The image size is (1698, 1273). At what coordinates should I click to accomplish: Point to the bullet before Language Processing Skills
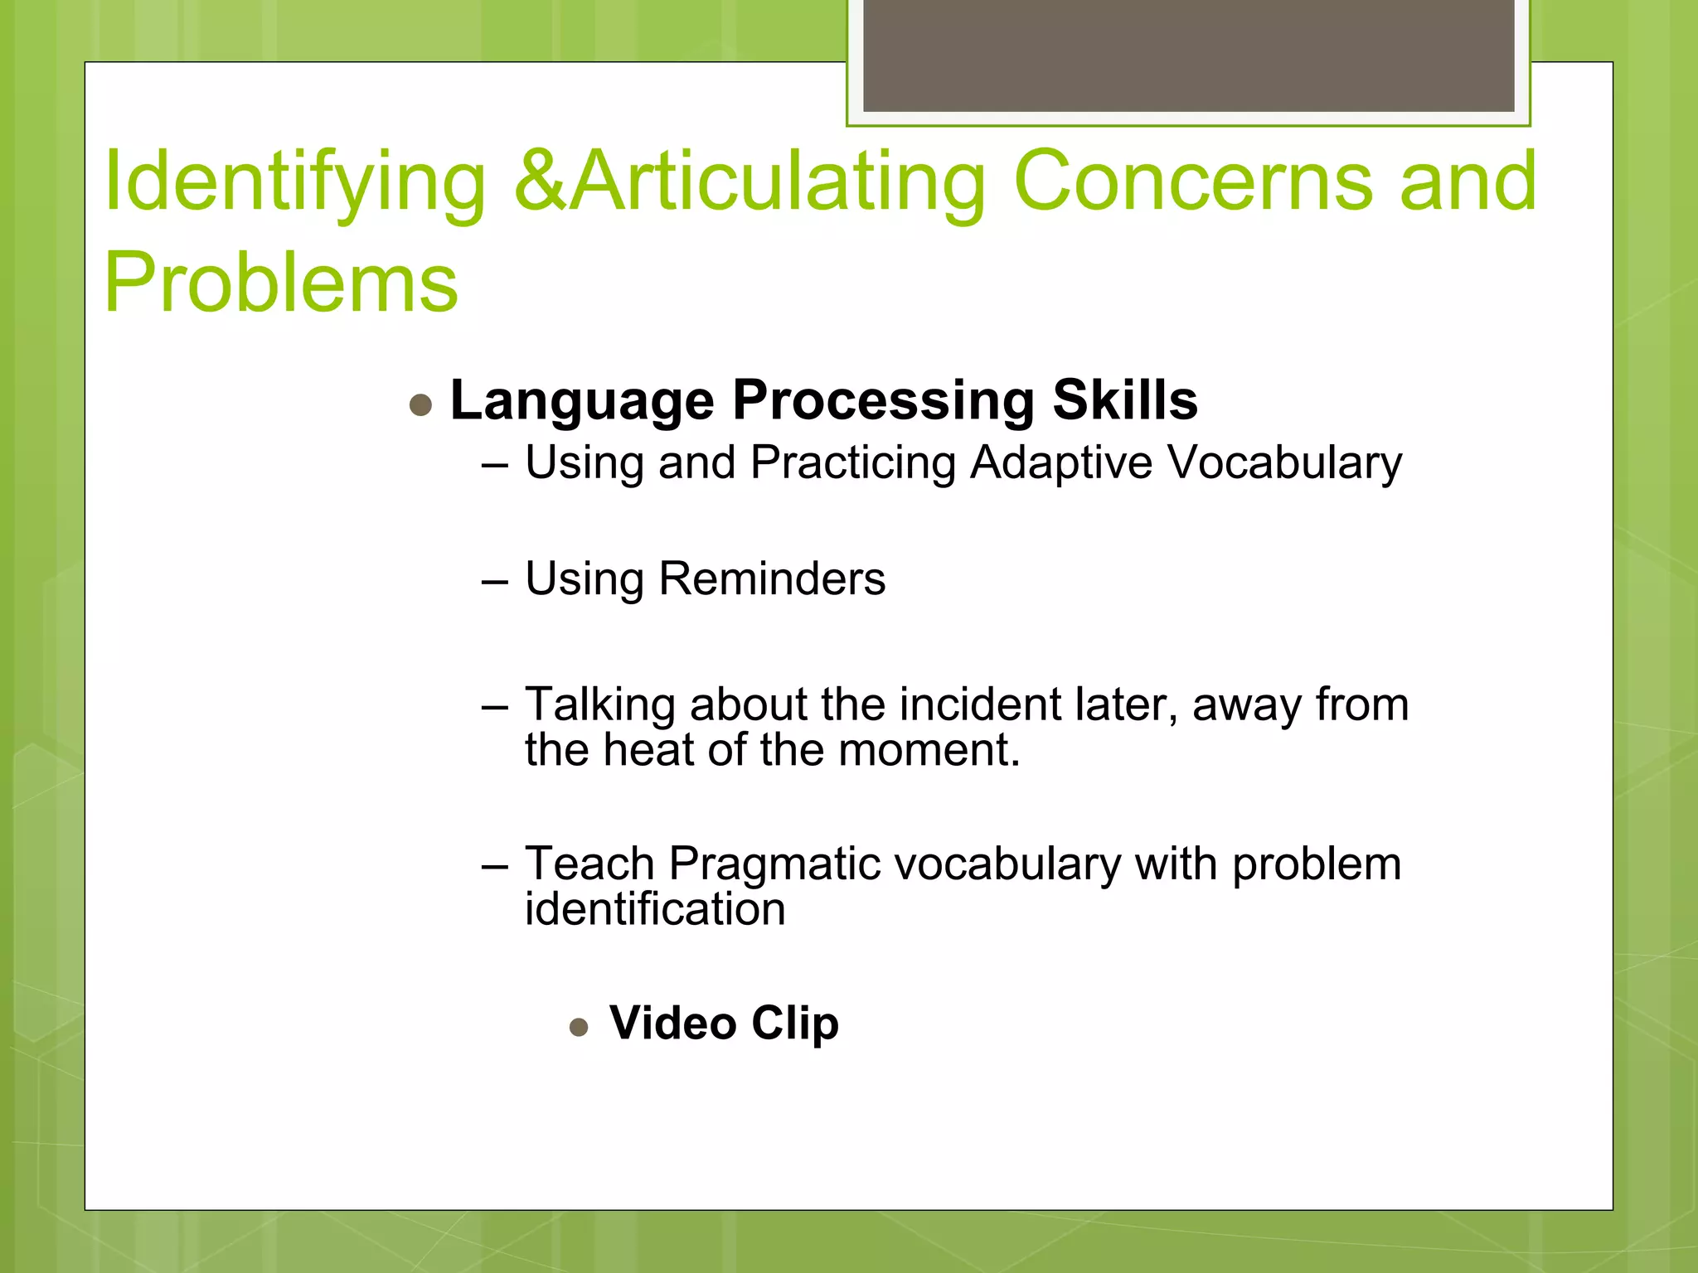[421, 405]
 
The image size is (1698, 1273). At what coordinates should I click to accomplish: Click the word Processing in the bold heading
[883, 402]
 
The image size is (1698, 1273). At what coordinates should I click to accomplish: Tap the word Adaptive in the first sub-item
[1060, 462]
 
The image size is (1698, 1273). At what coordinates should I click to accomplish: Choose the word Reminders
[771, 578]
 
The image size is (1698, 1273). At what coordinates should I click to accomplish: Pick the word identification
[655, 909]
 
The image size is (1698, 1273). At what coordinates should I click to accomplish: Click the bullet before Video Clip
[579, 1029]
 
